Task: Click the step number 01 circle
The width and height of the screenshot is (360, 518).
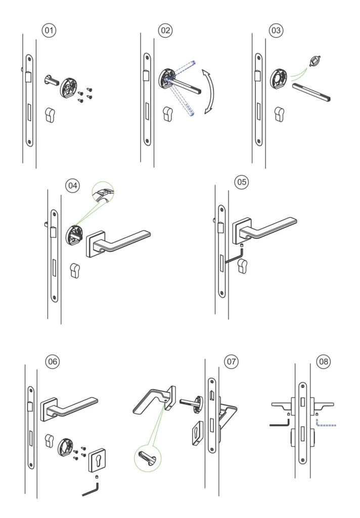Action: point(49,30)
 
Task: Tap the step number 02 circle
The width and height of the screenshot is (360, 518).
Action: point(165,30)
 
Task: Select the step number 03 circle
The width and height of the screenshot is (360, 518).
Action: point(276,30)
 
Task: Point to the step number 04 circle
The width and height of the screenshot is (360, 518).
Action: point(73,186)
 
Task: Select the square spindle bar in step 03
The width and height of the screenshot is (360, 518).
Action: point(311,94)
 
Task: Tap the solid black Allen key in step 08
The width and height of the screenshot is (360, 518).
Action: point(280,425)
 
